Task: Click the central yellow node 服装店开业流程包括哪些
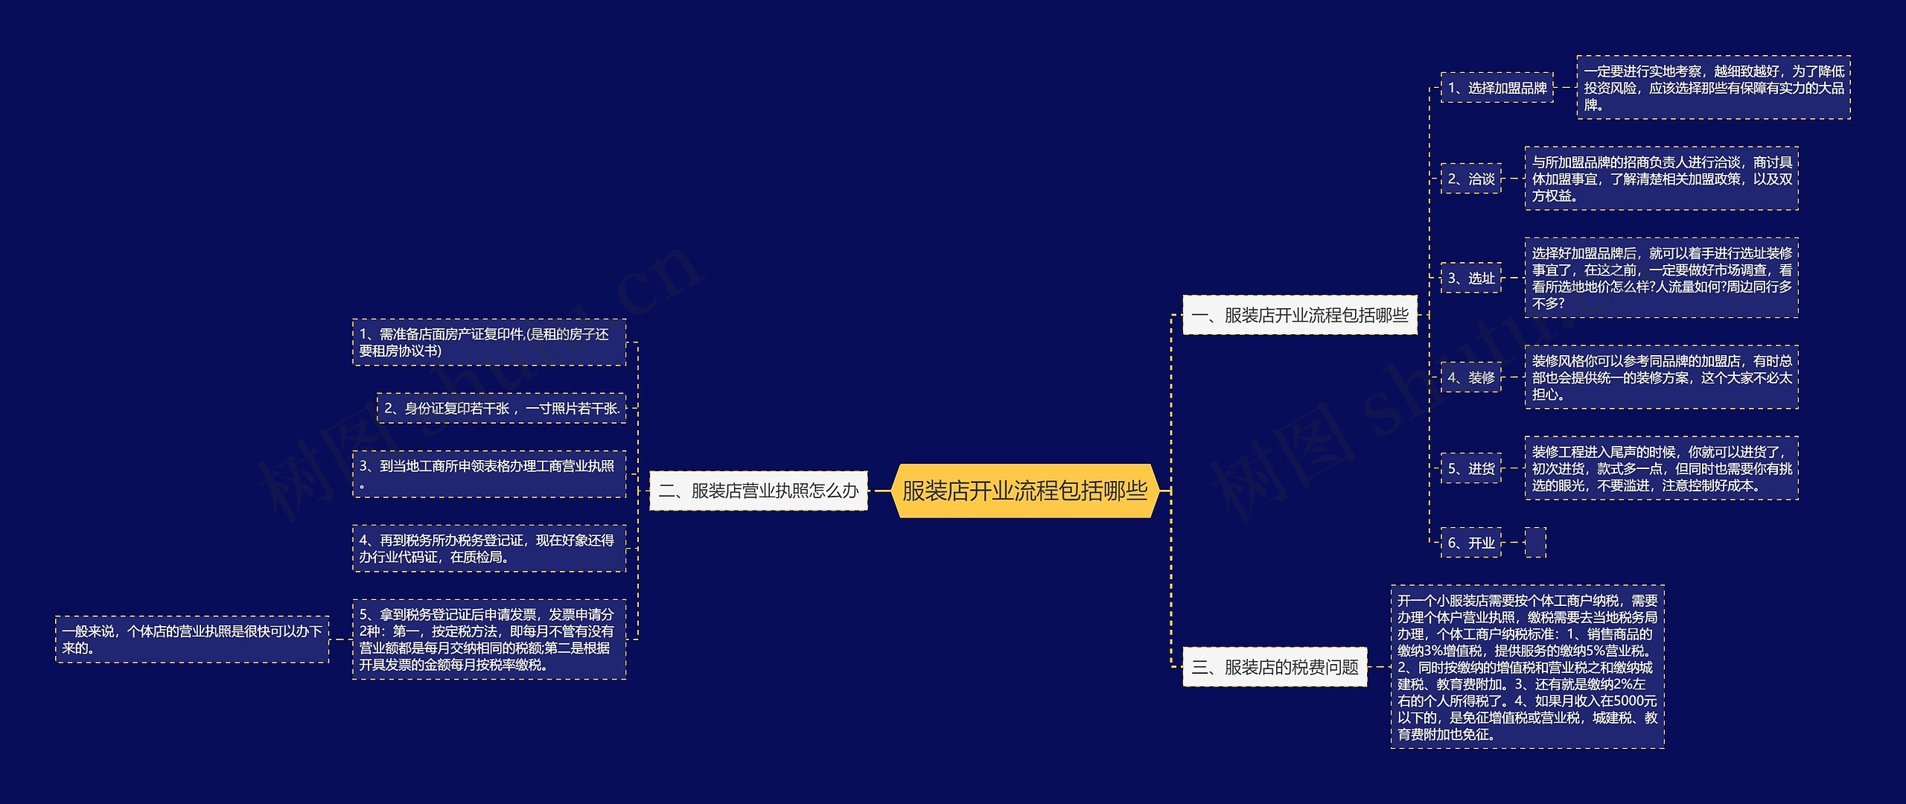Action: click(1024, 491)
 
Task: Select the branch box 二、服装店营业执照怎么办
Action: click(758, 491)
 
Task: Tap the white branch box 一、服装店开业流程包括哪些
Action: click(1299, 315)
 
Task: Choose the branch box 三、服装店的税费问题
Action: click(1275, 667)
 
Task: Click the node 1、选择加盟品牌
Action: click(1497, 88)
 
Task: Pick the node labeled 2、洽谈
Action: click(1470, 179)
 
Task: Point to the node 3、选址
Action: click(1470, 278)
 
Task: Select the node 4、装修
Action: click(1470, 377)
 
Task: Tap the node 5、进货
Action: click(1470, 468)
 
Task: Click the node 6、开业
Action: click(1470, 543)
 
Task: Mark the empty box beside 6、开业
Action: click(1535, 543)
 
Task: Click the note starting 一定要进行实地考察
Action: click(1713, 88)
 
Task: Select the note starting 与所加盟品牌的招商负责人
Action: click(1661, 179)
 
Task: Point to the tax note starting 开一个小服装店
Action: click(1527, 667)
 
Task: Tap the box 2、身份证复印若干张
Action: click(501, 408)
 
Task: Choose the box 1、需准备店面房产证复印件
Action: click(488, 342)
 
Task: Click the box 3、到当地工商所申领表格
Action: click(488, 474)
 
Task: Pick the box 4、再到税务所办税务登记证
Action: click(488, 549)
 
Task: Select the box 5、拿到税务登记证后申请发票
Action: click(488, 639)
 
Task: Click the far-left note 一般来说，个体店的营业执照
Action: click(192, 639)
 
